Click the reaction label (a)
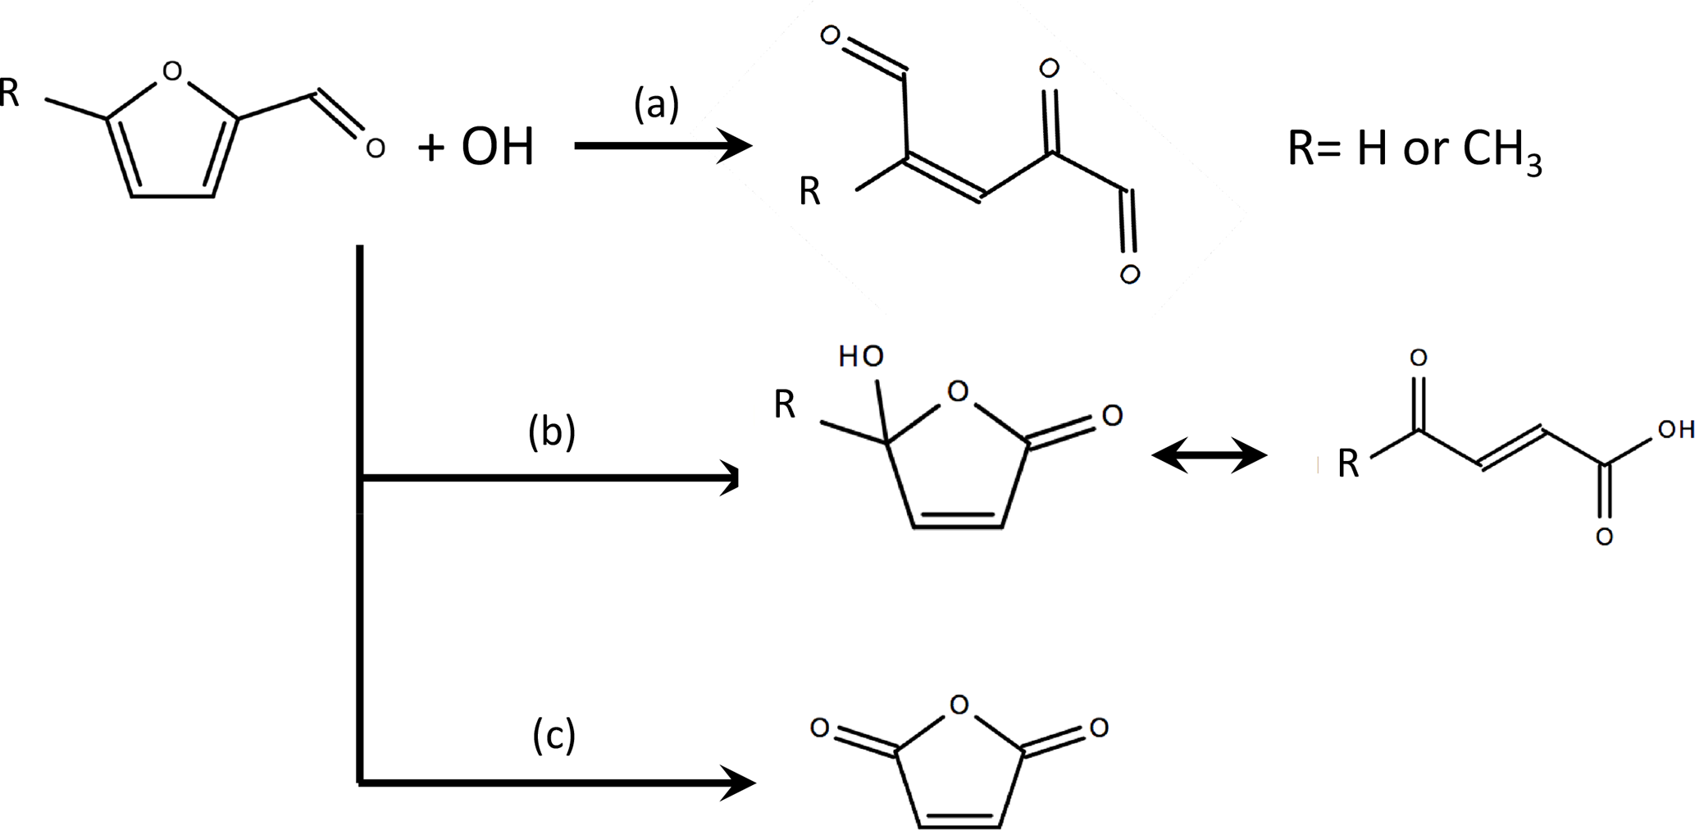coord(656,106)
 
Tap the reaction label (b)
coord(552,432)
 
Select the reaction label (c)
coord(554,735)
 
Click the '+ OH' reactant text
coord(476,148)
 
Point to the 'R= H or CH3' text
coord(1414,153)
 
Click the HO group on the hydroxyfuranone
coord(861,356)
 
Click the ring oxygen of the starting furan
coord(171,72)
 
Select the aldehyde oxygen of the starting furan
coord(375,148)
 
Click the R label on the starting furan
coord(10,94)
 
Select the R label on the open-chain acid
coord(1348,464)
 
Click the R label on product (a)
coord(809,193)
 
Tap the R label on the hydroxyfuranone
coord(785,405)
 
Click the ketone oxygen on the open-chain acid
coord(1418,358)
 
